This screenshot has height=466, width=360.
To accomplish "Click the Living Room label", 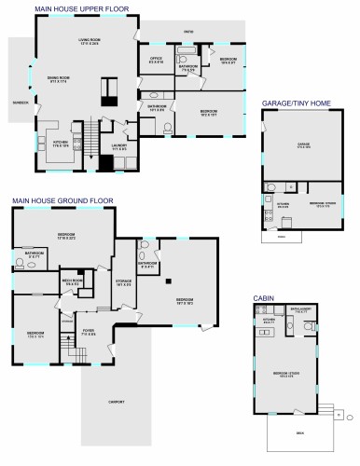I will [89, 42].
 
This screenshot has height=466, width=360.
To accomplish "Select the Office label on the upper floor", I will [157, 60].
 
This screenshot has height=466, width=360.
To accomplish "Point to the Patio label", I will [188, 32].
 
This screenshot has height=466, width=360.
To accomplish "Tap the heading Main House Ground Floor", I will [62, 200].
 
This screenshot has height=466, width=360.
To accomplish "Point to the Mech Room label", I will [72, 280].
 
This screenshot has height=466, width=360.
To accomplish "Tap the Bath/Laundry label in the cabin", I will [299, 309].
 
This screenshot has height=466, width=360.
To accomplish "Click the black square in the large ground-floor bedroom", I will [169, 281].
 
